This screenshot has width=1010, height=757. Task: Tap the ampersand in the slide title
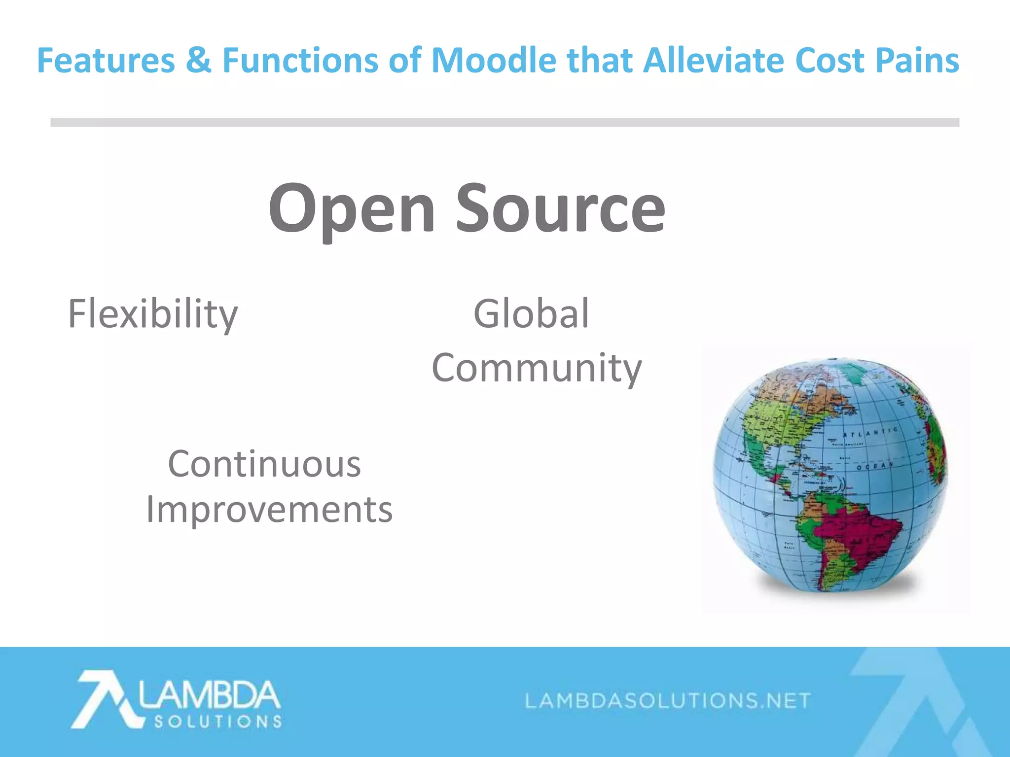(x=199, y=60)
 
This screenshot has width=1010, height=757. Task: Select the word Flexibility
(x=152, y=314)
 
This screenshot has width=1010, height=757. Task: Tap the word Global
(x=531, y=313)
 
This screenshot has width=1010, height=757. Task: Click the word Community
(x=537, y=369)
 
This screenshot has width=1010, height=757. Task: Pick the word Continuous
(x=264, y=464)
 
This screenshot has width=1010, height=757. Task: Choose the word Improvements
(x=269, y=510)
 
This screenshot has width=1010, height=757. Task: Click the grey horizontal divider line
(x=505, y=122)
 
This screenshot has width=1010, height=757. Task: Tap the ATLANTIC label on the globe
(x=870, y=433)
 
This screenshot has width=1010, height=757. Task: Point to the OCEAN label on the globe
(x=874, y=466)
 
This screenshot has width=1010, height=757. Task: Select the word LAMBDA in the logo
(x=210, y=695)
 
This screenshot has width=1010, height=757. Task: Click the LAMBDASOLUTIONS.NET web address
(x=668, y=700)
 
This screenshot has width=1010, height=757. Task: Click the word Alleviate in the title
(x=714, y=60)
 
